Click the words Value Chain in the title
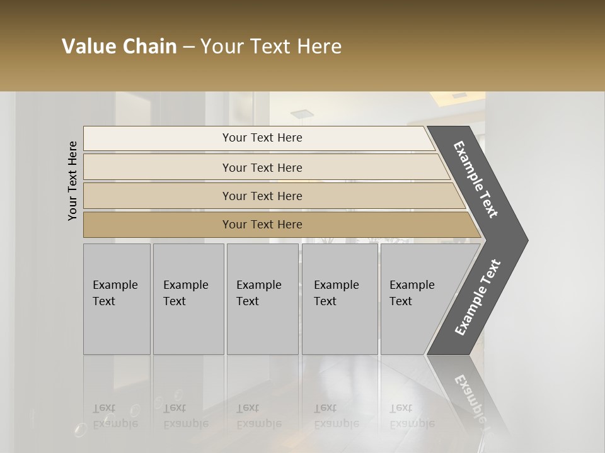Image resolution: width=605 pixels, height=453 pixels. click(119, 47)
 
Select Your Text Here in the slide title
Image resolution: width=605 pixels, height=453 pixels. click(271, 47)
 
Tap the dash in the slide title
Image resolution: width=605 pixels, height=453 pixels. click(188, 47)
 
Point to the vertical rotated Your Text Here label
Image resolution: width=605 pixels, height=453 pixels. click(72, 181)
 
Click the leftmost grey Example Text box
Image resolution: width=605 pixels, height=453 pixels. click(117, 298)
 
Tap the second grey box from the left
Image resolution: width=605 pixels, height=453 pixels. click(188, 298)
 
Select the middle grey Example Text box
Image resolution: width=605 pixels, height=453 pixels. click(262, 298)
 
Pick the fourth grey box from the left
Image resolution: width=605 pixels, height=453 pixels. click(340, 298)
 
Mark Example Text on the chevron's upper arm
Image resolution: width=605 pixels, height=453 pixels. click(476, 179)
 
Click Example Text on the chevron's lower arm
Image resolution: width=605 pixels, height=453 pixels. click(478, 297)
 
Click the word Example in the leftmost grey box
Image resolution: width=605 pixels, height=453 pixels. click(115, 285)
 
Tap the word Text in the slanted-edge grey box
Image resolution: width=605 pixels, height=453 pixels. click(401, 301)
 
